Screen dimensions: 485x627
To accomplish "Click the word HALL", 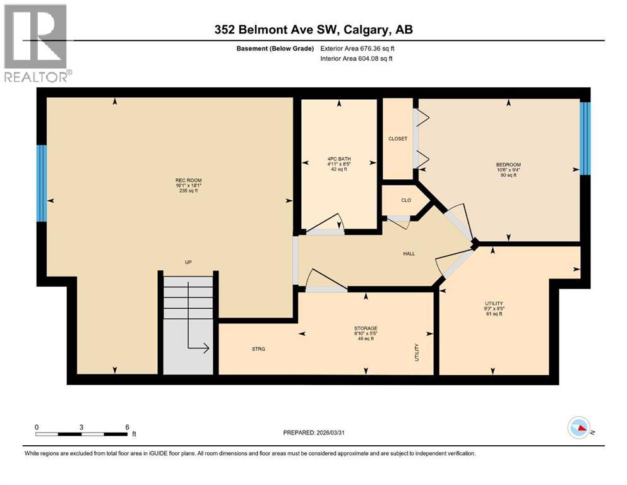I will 409,253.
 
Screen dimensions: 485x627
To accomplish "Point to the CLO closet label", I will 406,200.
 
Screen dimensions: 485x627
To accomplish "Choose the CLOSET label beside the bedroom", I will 398,138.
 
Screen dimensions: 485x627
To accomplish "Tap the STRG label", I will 258,349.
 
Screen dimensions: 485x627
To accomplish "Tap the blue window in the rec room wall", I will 42,183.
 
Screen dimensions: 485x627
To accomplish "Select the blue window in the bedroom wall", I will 585,138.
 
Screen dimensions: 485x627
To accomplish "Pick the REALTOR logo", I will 36,43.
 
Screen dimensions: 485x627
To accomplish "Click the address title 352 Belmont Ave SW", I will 313,30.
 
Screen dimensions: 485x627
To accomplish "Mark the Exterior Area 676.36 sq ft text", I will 358,49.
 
